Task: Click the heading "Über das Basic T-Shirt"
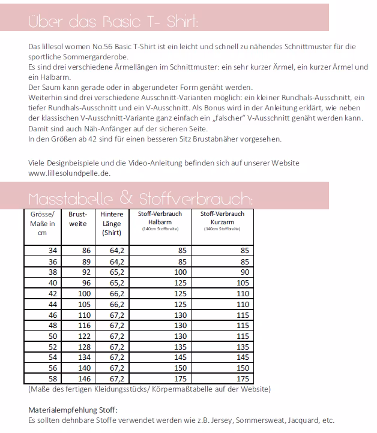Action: (113, 22)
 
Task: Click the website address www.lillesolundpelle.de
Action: (69, 173)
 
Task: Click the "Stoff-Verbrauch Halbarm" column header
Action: (160, 220)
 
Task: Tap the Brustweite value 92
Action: (85, 272)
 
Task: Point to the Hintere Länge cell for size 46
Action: (116, 314)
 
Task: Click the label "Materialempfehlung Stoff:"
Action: (73, 410)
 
